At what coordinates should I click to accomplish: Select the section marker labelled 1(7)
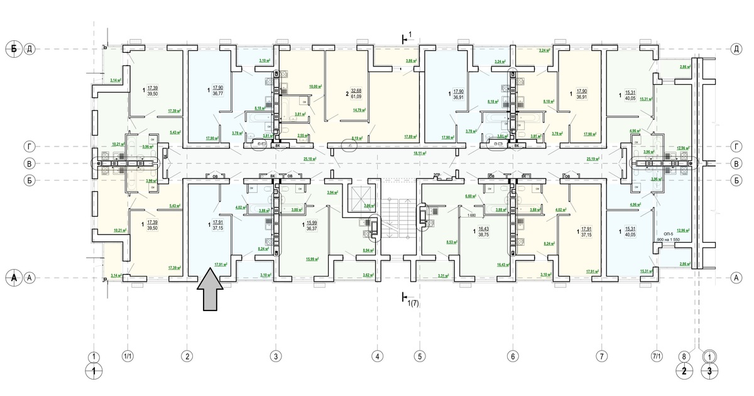(410, 303)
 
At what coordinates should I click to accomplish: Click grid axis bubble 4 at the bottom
(377, 357)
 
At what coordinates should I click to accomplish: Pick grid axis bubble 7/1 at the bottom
(657, 357)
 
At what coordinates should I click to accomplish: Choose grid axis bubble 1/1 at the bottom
(128, 357)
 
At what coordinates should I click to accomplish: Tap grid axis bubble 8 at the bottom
(684, 357)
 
